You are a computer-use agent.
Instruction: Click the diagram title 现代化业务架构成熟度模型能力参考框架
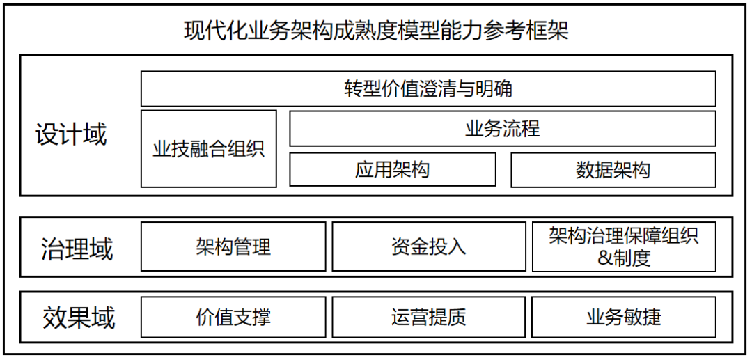(x=376, y=31)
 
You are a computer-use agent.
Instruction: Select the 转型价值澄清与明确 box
(x=428, y=89)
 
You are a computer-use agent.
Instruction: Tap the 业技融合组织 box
(x=209, y=149)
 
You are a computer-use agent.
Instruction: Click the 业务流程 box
(x=502, y=129)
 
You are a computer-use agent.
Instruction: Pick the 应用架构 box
(x=393, y=170)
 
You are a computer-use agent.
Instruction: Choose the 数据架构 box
(x=613, y=170)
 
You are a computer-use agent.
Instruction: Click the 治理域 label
(x=77, y=249)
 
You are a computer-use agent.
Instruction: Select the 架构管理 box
(x=233, y=246)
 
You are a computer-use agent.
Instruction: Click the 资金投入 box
(x=428, y=246)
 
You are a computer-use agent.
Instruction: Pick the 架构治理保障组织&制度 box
(x=624, y=246)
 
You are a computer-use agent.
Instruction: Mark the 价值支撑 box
(x=233, y=318)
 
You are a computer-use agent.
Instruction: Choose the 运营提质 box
(x=428, y=318)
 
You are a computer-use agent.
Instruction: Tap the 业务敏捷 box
(x=624, y=318)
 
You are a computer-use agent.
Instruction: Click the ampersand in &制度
(x=604, y=258)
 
